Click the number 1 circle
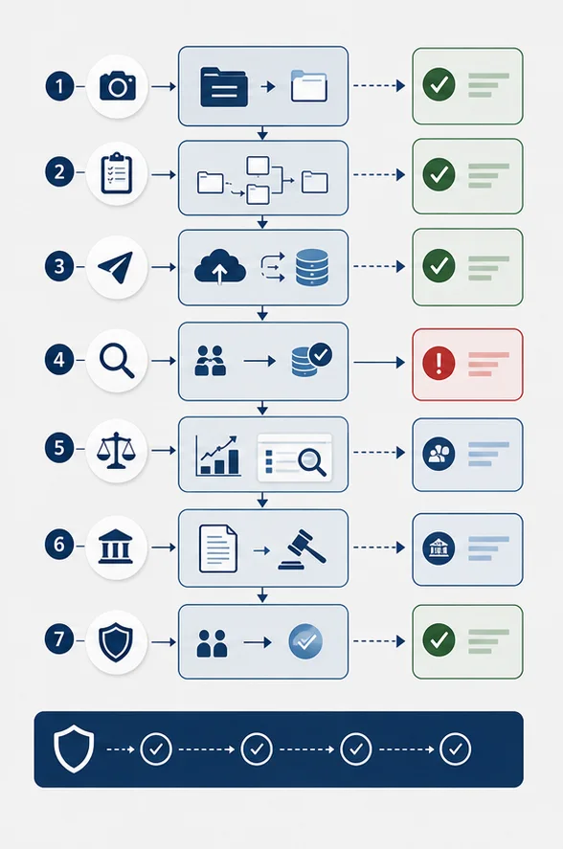(x=59, y=86)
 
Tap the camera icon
(x=117, y=85)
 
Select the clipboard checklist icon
(x=117, y=173)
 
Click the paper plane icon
(x=116, y=266)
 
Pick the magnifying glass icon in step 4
(x=117, y=361)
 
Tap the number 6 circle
(x=59, y=545)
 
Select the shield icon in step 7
(x=116, y=641)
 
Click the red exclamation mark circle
(x=439, y=363)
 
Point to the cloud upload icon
(x=219, y=266)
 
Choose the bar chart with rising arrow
(x=218, y=456)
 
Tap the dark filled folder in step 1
(x=224, y=87)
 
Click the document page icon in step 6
(x=218, y=548)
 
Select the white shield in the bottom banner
(x=74, y=749)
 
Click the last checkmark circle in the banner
(x=455, y=748)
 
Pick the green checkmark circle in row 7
(x=439, y=639)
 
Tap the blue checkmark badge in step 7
(x=305, y=641)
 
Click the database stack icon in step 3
(x=312, y=267)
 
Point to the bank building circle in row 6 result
(x=439, y=548)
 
